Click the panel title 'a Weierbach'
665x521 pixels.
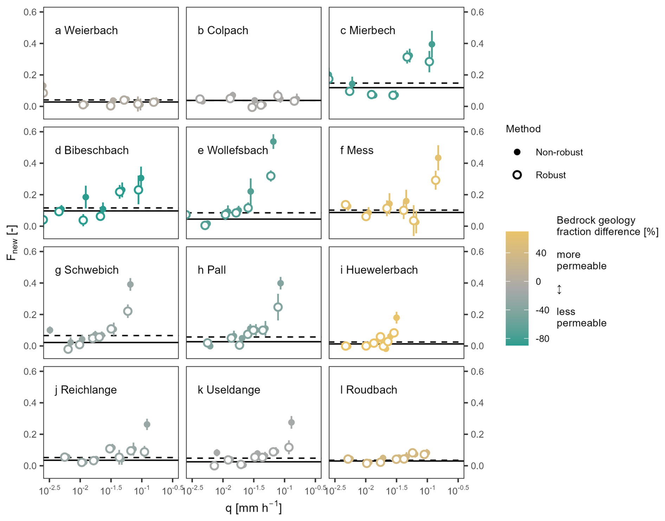pyautogui.click(x=86, y=31)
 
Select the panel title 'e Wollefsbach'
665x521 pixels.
pyautogui.click(x=233, y=151)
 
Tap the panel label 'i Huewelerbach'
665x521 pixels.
pyautogui.click(x=379, y=270)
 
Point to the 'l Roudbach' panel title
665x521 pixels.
pyautogui.click(x=369, y=390)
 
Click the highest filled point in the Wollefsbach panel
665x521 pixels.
pyautogui.click(x=273, y=142)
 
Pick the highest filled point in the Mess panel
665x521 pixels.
pyautogui.click(x=438, y=158)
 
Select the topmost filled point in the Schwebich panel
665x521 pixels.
pyautogui.click(x=130, y=285)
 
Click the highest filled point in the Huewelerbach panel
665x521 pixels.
pyautogui.click(x=396, y=318)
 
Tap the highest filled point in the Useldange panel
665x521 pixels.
pyautogui.click(x=291, y=422)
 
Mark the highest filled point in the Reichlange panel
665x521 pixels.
pyautogui.click(x=147, y=425)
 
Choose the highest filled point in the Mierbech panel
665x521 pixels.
pyautogui.click(x=432, y=44)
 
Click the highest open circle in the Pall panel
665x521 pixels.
pyautogui.click(x=278, y=307)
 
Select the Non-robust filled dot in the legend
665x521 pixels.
pyautogui.click(x=517, y=152)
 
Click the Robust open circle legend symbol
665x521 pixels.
pyautogui.click(x=517, y=175)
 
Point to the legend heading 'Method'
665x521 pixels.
pyautogui.click(x=523, y=129)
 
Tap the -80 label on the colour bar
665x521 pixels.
pyautogui.click(x=542, y=339)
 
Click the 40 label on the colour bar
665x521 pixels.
pyautogui.click(x=541, y=253)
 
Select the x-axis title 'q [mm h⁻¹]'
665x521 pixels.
pyautogui.click(x=253, y=508)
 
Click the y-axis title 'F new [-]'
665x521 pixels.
pyautogui.click(x=12, y=242)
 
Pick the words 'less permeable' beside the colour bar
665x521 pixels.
pyautogui.click(x=581, y=317)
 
